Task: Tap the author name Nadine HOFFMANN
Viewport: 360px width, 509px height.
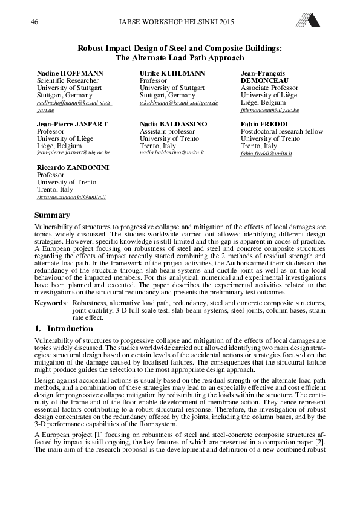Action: point(70,73)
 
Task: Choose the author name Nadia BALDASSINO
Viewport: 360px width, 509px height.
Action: point(174,123)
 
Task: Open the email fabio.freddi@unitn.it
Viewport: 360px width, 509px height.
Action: point(266,154)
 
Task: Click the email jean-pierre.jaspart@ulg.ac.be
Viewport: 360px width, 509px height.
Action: point(73,154)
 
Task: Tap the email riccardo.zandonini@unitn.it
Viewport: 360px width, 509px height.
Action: point(71,197)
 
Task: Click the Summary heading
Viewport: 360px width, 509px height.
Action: point(52,215)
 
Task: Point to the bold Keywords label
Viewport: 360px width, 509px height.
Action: point(51,302)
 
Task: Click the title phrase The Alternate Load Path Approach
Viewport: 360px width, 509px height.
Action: point(180,58)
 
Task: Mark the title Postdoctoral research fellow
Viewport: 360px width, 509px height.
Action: point(281,131)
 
